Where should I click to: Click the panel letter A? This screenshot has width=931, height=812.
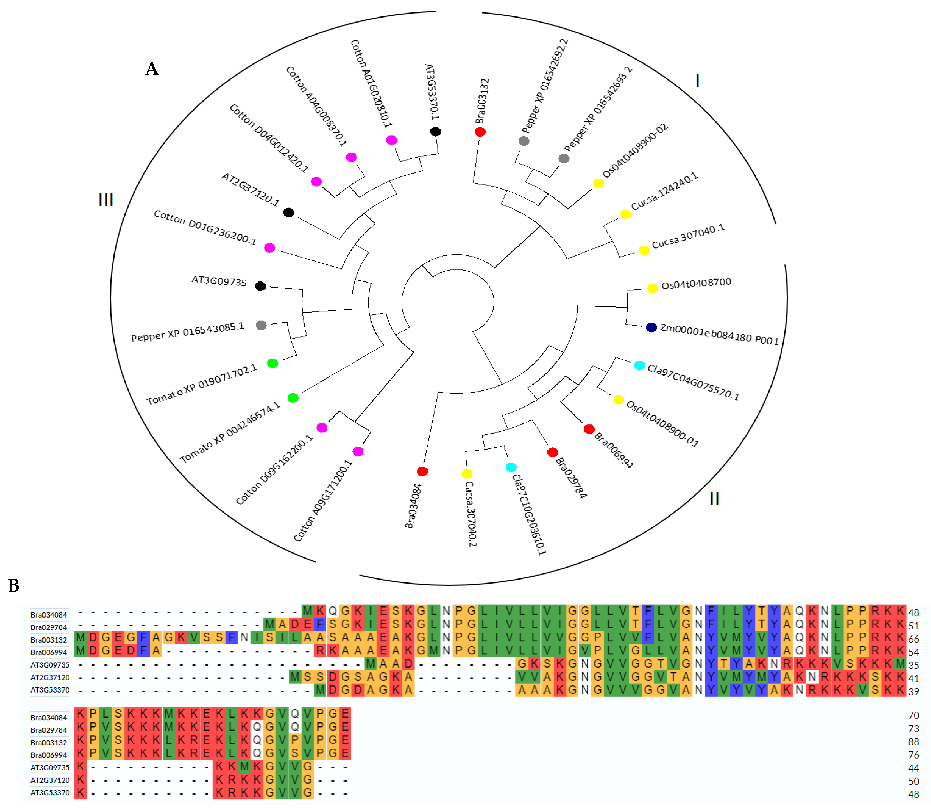(x=152, y=69)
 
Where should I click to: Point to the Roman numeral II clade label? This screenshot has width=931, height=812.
(x=714, y=499)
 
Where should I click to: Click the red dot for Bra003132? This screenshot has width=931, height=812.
(x=480, y=132)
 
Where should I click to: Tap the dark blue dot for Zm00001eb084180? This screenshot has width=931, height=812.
(x=651, y=327)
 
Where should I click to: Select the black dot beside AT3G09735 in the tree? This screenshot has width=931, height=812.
(x=260, y=286)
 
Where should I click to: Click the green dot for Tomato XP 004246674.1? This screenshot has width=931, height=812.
(x=293, y=398)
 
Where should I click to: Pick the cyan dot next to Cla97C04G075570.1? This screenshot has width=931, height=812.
(x=639, y=365)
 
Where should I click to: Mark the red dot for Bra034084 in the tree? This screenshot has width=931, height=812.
(x=422, y=471)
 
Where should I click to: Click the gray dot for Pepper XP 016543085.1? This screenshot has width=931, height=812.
(x=261, y=325)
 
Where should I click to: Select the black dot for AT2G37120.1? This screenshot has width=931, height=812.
(x=289, y=213)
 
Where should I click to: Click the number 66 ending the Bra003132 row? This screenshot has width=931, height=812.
(x=913, y=639)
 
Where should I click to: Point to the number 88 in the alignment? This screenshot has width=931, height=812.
(x=913, y=742)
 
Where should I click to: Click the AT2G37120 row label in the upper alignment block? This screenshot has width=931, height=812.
(x=50, y=677)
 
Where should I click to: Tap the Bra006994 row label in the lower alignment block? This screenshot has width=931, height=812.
(x=49, y=755)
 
